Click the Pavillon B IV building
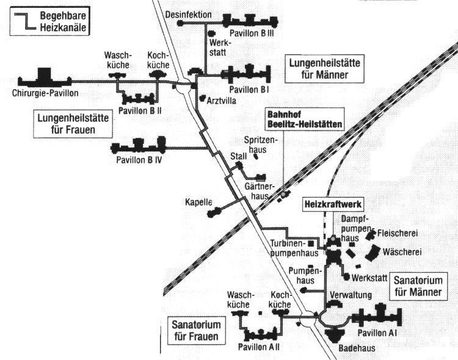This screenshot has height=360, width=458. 138,147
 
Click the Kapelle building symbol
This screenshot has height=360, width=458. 214,212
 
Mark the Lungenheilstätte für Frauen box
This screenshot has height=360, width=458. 73,124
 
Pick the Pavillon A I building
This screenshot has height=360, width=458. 379,318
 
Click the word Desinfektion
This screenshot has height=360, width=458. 189,13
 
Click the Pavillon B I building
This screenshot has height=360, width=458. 248,75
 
